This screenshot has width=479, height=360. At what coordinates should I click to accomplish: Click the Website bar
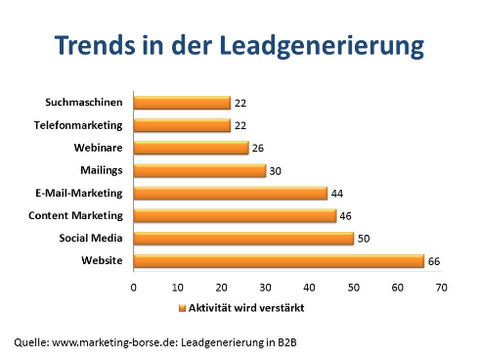[279, 260]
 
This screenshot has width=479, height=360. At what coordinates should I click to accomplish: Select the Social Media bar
[243, 238]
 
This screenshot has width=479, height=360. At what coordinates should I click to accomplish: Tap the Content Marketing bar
[235, 215]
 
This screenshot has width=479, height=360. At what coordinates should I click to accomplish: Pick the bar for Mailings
[199, 170]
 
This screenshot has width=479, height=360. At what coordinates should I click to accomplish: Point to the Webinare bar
[191, 148]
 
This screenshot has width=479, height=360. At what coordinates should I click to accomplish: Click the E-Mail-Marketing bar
[230, 193]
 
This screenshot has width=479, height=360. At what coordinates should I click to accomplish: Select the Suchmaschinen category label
[84, 103]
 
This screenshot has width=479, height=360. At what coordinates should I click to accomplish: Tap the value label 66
[435, 260]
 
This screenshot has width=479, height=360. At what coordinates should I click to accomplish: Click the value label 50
[365, 238]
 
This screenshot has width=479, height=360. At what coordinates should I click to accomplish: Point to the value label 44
[338, 193]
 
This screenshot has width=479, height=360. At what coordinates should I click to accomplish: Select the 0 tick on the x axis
[133, 289]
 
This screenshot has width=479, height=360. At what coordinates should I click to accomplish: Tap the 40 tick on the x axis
[309, 289]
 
